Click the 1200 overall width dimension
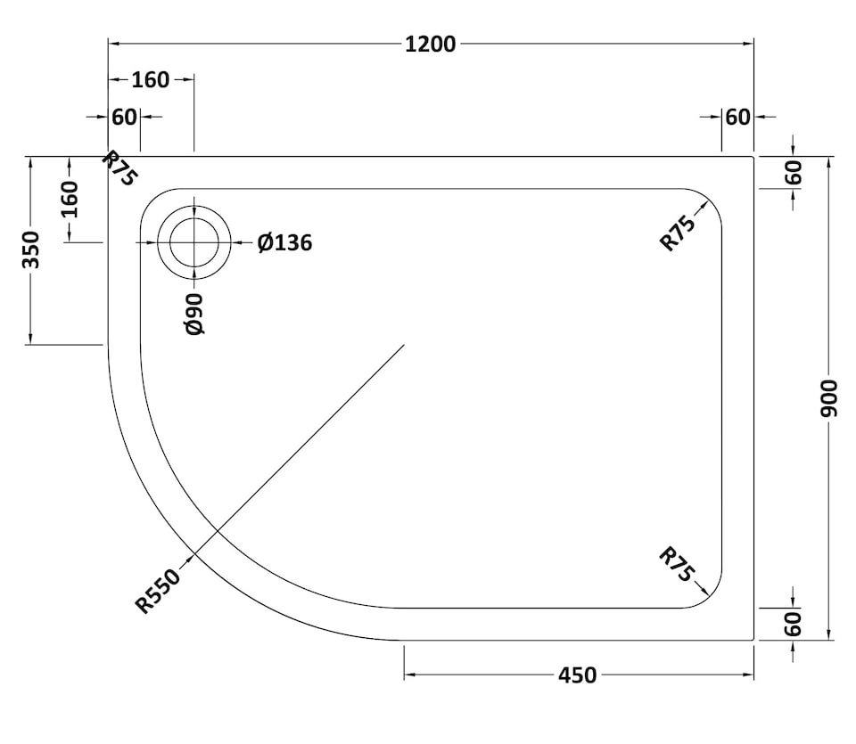pyautogui.click(x=430, y=44)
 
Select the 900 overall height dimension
pyautogui.click(x=829, y=398)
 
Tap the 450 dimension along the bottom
pyautogui.click(x=577, y=676)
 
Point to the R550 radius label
pyautogui.click(x=158, y=592)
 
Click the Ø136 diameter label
pyautogui.click(x=284, y=242)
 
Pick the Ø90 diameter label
pyautogui.click(x=195, y=314)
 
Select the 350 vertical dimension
pyautogui.click(x=31, y=250)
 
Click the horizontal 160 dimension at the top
pyautogui.click(x=150, y=80)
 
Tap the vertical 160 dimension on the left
pyautogui.click(x=69, y=199)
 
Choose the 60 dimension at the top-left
pyautogui.click(x=125, y=117)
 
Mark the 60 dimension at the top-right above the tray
pyautogui.click(x=737, y=117)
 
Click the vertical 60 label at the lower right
pyautogui.click(x=794, y=623)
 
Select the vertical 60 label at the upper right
pyautogui.click(x=794, y=173)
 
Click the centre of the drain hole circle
pyautogui.click(x=194, y=242)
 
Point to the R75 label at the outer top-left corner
pyautogui.click(x=119, y=168)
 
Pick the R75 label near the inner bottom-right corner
pyautogui.click(x=677, y=565)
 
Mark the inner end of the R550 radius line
pyautogui.click(x=404, y=345)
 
